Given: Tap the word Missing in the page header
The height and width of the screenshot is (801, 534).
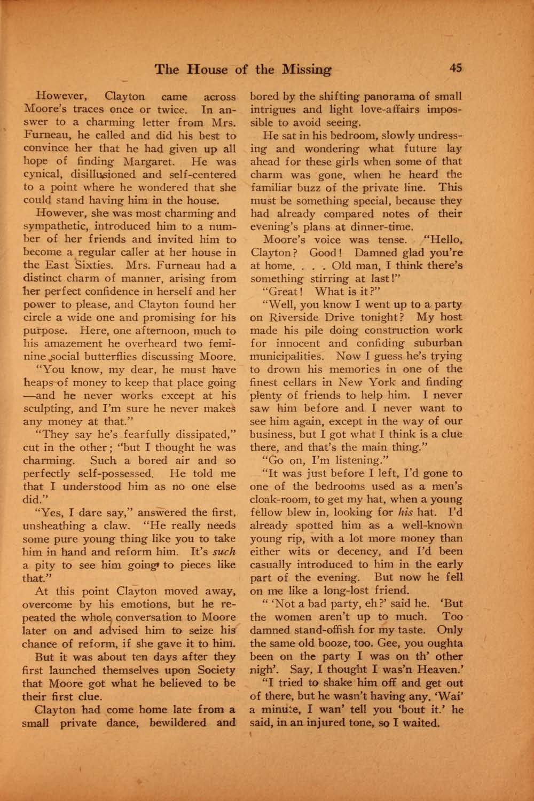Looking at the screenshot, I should point(307,69).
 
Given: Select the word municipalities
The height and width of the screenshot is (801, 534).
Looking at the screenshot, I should point(286,357).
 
